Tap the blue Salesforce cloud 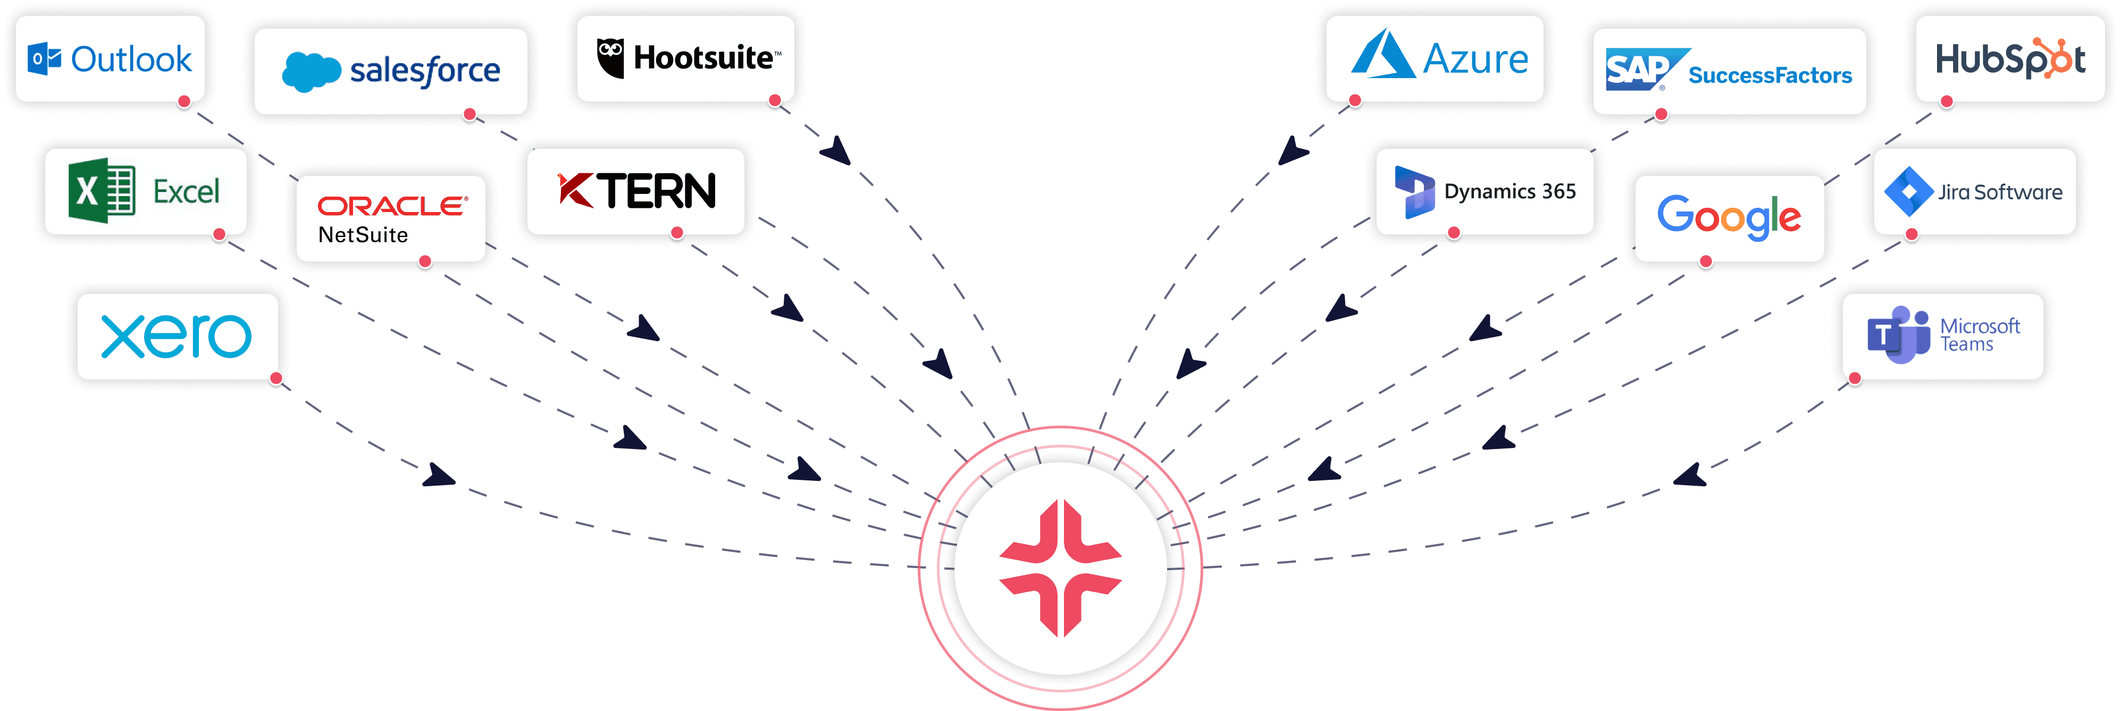click(x=311, y=72)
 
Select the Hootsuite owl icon click(x=610, y=57)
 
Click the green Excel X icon click(x=101, y=191)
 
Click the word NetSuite click(x=363, y=235)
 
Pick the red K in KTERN click(x=575, y=190)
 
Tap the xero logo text click(x=176, y=336)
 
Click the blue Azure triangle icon click(x=1384, y=55)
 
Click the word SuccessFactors click(x=1770, y=75)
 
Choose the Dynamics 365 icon click(x=1414, y=192)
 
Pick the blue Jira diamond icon click(x=1908, y=192)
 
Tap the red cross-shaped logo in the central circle click(x=1060, y=568)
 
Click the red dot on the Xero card click(x=276, y=378)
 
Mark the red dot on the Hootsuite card click(x=774, y=101)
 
